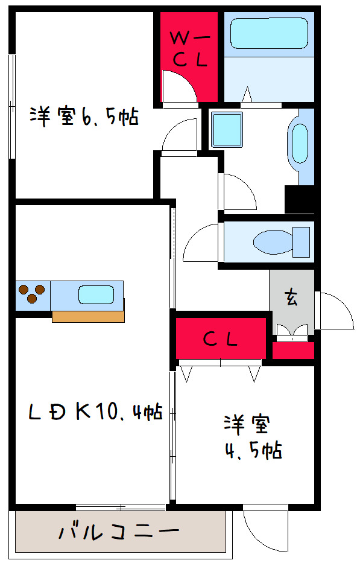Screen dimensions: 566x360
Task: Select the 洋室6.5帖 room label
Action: coord(84,116)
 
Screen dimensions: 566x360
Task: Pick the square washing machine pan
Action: coord(226,128)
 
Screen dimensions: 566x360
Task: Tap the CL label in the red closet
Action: coord(220,340)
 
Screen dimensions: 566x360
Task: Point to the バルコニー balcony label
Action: coord(119,532)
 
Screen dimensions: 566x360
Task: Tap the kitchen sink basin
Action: coord(95,294)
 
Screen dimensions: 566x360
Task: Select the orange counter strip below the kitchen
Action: coord(88,316)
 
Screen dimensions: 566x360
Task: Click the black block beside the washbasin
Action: coord(299,199)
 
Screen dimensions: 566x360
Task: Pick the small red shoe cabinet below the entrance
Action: coord(293,350)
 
